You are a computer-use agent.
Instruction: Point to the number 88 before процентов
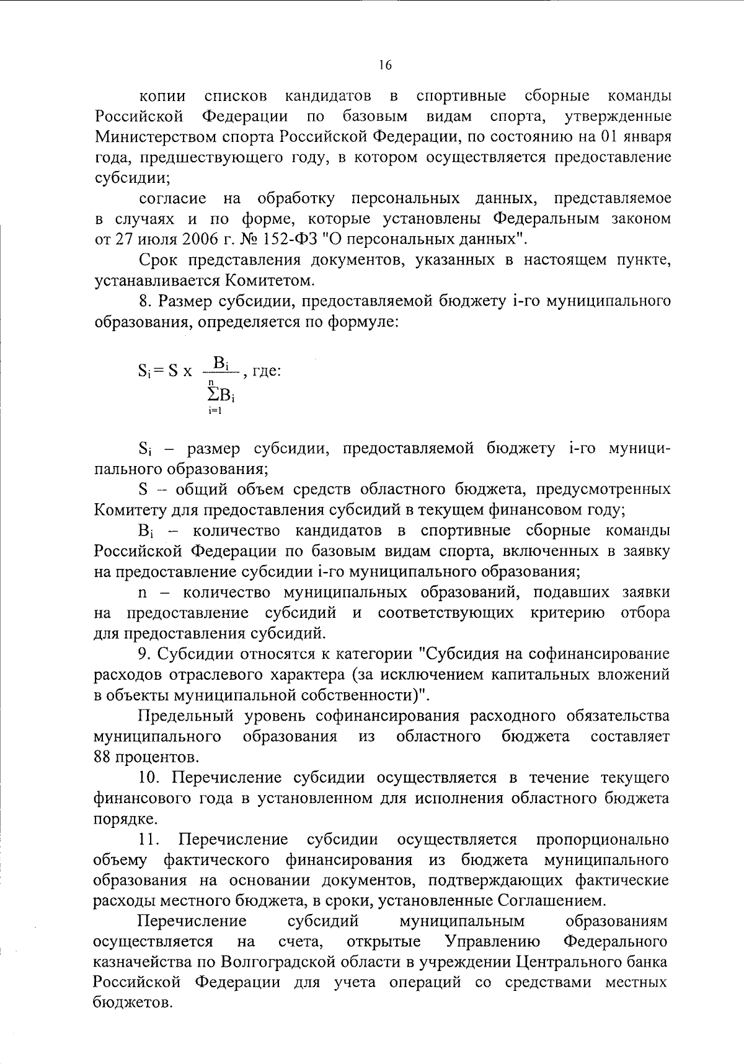pyautogui.click(x=104, y=757)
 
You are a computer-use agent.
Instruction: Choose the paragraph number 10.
pyautogui.click(x=149, y=777)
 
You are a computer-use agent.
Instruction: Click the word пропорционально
pyautogui.click(x=602, y=840)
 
